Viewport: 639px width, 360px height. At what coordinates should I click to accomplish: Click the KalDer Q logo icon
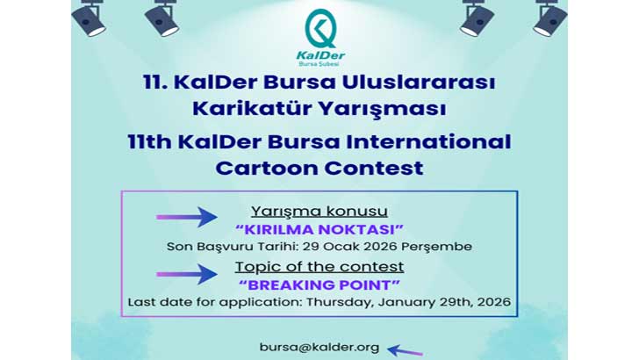[x=319, y=29]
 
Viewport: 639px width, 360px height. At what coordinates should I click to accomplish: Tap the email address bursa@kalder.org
[x=319, y=347]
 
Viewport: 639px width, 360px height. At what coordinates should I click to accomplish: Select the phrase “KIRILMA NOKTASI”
[x=319, y=229]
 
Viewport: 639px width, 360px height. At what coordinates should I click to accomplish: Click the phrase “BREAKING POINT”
[x=319, y=284]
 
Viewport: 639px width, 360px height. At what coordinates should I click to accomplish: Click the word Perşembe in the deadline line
[x=442, y=246]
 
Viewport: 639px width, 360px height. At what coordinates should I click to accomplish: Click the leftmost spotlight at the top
[x=89, y=17]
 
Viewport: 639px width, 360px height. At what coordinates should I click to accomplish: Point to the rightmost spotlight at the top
[x=550, y=17]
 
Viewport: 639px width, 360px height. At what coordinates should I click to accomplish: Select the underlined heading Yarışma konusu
[x=319, y=212]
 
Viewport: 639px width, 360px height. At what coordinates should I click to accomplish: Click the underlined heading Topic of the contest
[x=319, y=266]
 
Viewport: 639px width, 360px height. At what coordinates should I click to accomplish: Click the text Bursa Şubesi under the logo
[x=319, y=64]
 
